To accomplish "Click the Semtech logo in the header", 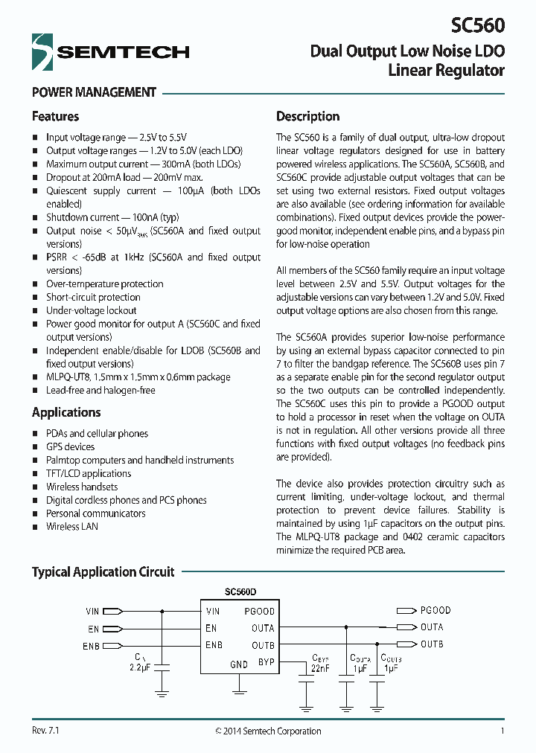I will [x=110, y=51].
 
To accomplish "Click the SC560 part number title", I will [x=477, y=25].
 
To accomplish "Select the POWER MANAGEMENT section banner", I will [x=94, y=92].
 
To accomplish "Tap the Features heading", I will [x=55, y=116].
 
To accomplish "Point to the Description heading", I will [x=307, y=116].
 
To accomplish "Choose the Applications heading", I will [x=66, y=412].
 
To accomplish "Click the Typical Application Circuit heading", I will [x=103, y=571].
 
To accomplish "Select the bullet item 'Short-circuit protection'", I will [x=93, y=297].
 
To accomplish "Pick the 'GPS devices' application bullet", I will [x=70, y=446].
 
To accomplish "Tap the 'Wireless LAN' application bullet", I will [x=71, y=526].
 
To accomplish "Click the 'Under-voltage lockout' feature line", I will [x=91, y=310].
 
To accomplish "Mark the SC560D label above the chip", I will [x=240, y=592].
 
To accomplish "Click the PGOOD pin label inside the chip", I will [x=259, y=611].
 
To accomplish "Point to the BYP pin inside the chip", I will [x=266, y=661].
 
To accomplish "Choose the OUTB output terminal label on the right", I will [x=432, y=644].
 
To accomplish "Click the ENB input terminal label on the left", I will [x=91, y=646].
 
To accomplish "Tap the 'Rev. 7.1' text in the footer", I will [x=45, y=731].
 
